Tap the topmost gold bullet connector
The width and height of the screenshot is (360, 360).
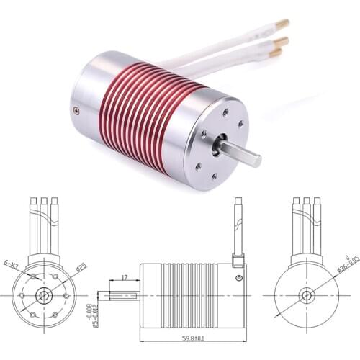(x=283, y=24)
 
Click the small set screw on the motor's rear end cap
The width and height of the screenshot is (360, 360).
(x=76, y=110)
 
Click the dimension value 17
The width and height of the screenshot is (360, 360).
(x=125, y=276)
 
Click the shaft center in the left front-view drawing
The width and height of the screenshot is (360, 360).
(x=45, y=295)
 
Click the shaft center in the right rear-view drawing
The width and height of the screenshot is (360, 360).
(x=306, y=295)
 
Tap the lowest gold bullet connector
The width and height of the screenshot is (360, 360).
(x=276, y=52)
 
